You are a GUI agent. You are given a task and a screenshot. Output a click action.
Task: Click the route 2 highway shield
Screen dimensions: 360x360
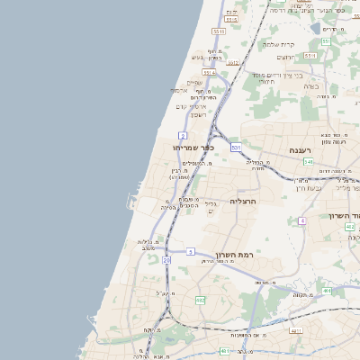point(183,135)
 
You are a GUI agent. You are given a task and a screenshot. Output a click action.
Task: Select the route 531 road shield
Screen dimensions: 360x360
point(236,146)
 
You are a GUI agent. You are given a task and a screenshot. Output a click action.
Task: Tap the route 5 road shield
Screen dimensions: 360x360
point(191,252)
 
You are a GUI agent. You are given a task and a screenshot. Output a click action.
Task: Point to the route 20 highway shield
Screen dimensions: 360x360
point(166,260)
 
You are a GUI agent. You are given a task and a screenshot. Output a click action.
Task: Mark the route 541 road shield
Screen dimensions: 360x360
point(308,162)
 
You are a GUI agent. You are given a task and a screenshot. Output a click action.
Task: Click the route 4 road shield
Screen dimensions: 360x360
point(302,220)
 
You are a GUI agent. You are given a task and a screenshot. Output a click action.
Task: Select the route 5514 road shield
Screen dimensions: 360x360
point(209,73)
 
